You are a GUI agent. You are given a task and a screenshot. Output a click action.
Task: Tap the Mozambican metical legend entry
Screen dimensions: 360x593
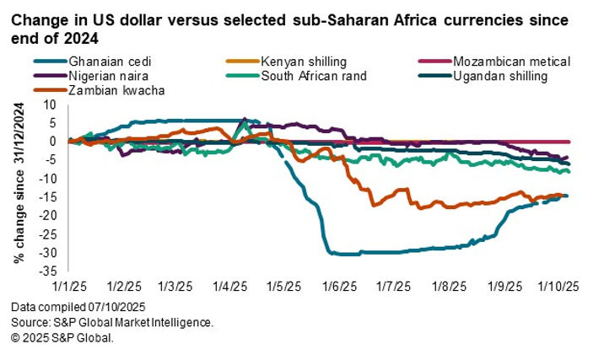511,62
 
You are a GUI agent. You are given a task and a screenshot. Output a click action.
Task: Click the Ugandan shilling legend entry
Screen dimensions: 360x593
507,77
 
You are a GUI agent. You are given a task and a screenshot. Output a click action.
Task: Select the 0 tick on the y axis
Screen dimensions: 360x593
52,142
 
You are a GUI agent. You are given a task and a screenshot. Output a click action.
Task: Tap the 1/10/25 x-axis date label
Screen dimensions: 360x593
557,286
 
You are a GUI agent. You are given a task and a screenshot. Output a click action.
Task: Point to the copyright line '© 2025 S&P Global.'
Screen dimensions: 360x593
62,337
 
